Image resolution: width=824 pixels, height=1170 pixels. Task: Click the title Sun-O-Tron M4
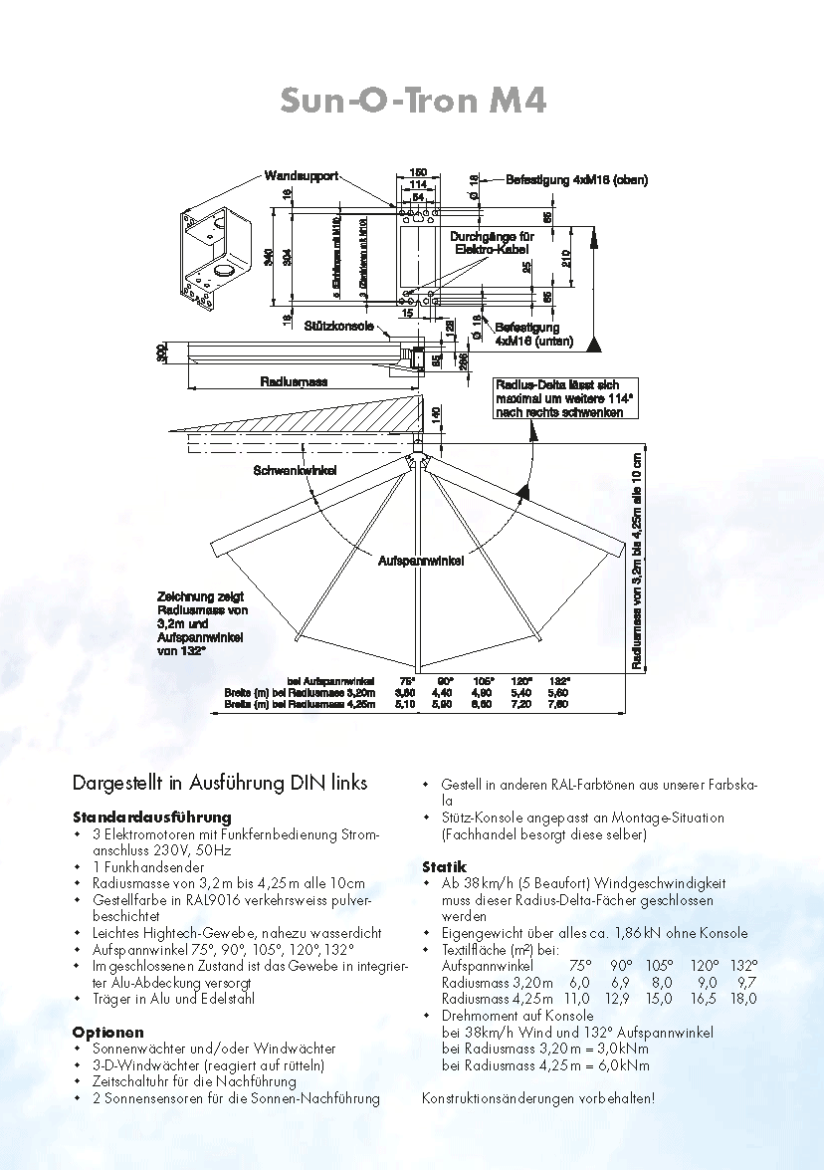point(413,102)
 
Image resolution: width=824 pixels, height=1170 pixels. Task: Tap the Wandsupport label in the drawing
point(302,176)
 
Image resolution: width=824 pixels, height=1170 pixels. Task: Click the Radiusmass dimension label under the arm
point(294,381)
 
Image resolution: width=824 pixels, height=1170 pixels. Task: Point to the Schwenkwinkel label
point(295,470)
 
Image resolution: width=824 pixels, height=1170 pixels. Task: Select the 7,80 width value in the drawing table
point(559,704)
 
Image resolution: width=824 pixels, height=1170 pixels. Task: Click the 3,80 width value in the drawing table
point(405,692)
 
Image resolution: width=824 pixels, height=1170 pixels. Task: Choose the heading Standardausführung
point(151,817)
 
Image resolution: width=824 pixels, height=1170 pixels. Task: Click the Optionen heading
point(107,1032)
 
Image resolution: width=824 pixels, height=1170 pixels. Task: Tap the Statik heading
point(444,866)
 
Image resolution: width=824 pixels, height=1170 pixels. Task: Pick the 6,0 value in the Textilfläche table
point(579,982)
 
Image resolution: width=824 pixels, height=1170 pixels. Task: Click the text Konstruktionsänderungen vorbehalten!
point(538,1098)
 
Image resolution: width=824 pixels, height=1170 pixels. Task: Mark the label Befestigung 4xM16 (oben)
point(577,180)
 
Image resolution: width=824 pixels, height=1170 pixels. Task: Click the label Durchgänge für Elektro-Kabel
point(493,242)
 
